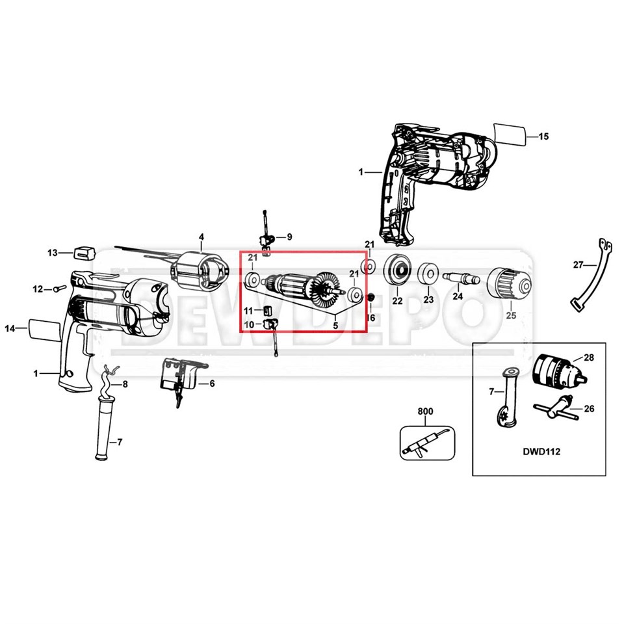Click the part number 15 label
[x=543, y=136]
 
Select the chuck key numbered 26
[x=552, y=411]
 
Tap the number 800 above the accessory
[x=425, y=412]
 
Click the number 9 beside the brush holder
[x=289, y=237]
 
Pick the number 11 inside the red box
[x=249, y=311]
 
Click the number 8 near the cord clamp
[x=125, y=385]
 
